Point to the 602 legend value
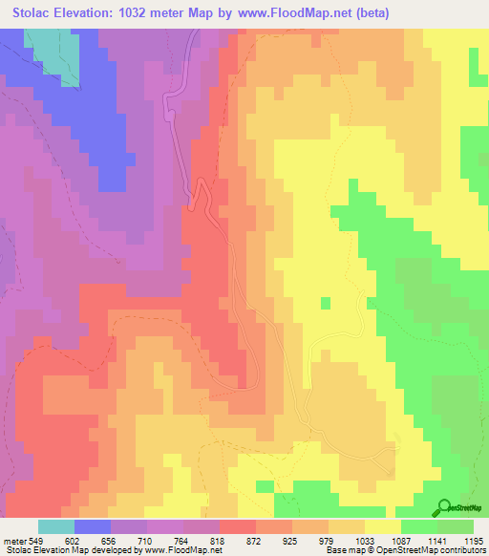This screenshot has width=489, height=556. (x=74, y=540)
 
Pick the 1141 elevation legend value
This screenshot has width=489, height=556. (x=438, y=540)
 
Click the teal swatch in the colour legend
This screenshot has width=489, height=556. (x=55, y=526)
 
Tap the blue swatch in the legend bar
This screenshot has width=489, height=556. (x=92, y=526)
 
